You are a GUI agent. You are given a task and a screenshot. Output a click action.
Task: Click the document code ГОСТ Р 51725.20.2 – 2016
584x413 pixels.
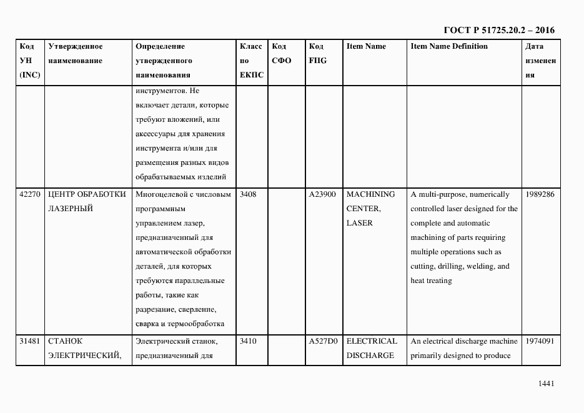pos(498,30)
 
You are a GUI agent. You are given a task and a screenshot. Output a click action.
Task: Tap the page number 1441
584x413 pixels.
pos(546,384)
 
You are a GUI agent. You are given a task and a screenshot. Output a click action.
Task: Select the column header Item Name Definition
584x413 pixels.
pos(449,46)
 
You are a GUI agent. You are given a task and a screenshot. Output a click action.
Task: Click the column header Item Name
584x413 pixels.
pos(366,46)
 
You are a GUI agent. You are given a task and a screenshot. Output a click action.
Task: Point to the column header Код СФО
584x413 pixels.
pos(282,53)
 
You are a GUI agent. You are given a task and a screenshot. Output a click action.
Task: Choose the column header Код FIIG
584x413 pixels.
pos(317,53)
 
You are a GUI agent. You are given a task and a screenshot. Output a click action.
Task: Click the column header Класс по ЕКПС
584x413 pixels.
pos(251,61)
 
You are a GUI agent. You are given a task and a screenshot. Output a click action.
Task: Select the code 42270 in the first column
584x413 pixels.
pos(30,194)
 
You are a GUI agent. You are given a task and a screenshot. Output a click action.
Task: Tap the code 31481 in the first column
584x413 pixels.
pos(30,341)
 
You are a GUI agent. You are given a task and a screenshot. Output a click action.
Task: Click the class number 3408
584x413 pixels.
pos(248,194)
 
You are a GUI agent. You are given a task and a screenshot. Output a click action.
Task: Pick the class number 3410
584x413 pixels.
pos(248,341)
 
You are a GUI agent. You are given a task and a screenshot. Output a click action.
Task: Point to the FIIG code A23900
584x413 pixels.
pos(323,194)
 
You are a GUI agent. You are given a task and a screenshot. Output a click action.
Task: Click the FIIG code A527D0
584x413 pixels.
pos(323,341)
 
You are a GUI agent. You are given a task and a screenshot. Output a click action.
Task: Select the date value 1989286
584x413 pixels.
pos(540,194)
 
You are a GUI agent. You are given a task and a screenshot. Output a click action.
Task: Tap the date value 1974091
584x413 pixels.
pos(540,341)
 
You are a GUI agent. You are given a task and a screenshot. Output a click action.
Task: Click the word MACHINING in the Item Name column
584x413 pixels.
pos(370,194)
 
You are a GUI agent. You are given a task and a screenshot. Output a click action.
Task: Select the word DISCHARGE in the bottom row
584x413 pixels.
pos(370,356)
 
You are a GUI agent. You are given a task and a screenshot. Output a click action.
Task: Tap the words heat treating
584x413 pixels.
pos(431,281)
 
